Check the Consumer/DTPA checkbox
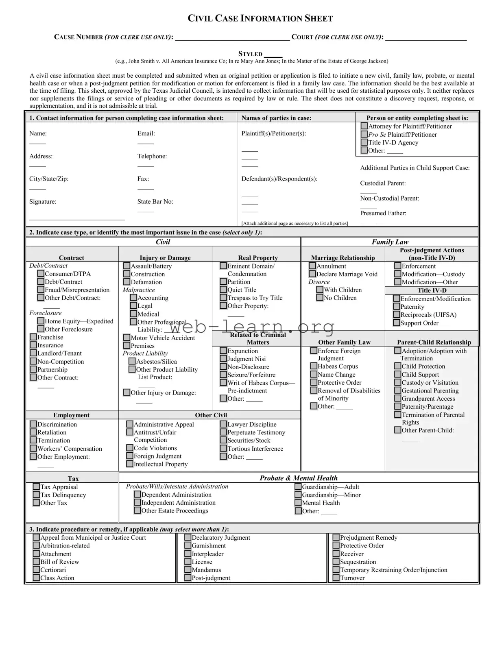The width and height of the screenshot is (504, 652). (x=41, y=274)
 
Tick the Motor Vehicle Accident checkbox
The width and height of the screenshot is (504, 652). (x=127, y=338)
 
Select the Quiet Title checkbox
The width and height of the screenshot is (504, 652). (x=223, y=290)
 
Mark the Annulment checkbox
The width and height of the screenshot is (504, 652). (x=312, y=266)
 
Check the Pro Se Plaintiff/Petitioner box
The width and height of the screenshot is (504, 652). (x=364, y=134)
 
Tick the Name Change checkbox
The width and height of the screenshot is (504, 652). (x=314, y=374)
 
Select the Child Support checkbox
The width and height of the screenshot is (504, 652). (x=397, y=374)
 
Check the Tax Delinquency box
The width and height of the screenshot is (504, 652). (x=36, y=495)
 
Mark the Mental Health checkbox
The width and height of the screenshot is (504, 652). (x=298, y=503)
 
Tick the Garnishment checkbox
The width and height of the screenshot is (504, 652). (x=188, y=545)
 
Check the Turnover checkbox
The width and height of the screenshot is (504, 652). (x=336, y=578)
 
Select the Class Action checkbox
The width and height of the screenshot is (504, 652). (x=36, y=578)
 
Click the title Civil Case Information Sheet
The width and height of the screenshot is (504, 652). (x=260, y=18)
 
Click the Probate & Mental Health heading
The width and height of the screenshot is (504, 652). (x=299, y=478)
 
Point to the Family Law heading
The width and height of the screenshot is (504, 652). (x=390, y=242)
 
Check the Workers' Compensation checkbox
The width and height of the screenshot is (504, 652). (x=33, y=448)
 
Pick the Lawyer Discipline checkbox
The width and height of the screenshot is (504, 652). (x=223, y=424)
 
